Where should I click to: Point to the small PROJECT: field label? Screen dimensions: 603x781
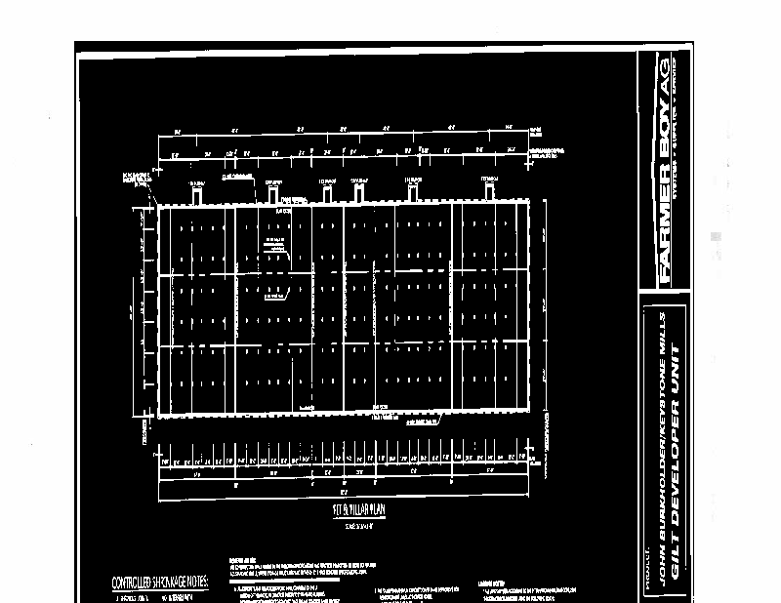tap(648, 576)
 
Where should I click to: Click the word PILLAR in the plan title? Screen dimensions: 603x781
tap(348, 510)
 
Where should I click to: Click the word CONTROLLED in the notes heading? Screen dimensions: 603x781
tap(133, 583)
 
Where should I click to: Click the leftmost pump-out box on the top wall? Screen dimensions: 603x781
tap(197, 194)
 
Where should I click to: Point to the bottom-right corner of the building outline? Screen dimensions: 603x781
tap(530, 413)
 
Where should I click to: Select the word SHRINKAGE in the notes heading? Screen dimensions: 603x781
tap(166, 583)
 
